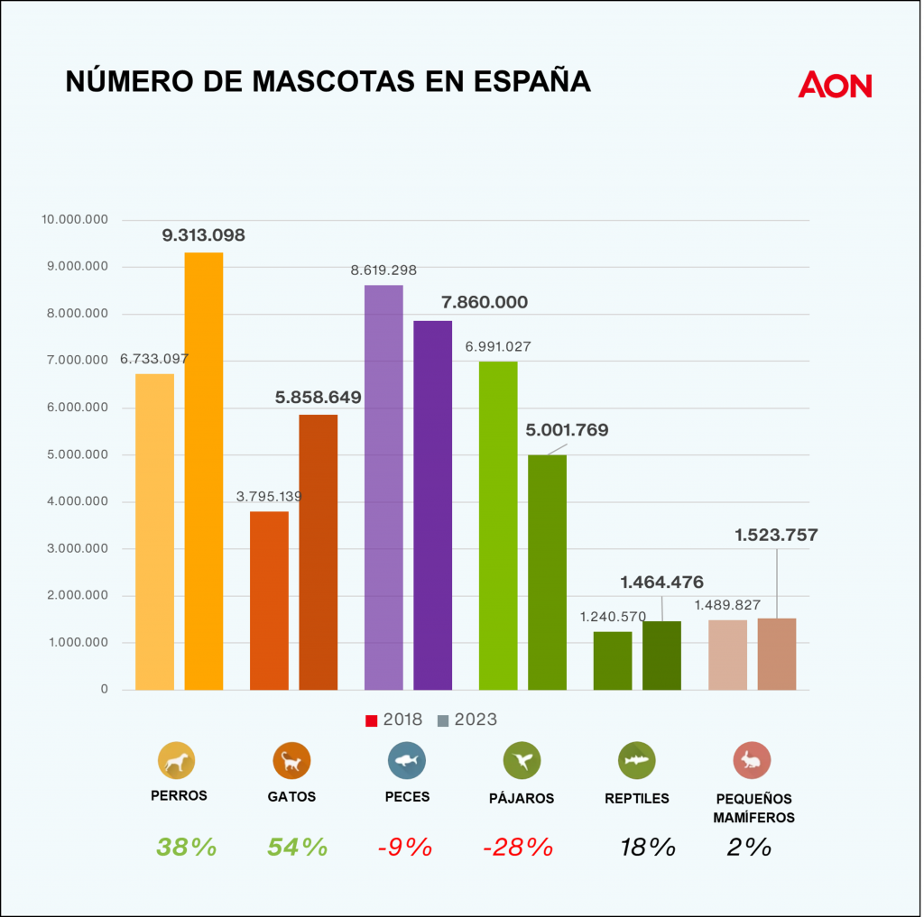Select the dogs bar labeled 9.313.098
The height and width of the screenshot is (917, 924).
204,472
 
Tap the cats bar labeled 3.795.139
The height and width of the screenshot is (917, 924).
269,601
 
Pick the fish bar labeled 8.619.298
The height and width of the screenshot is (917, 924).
383,488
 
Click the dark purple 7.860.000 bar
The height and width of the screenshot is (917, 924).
432,505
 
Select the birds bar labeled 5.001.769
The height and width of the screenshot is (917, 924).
547,573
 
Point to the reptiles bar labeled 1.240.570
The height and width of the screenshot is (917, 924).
613,661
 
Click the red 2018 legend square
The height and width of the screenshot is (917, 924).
371,720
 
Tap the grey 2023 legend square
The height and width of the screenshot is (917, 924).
443,720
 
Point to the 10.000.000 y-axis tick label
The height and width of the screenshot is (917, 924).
75,220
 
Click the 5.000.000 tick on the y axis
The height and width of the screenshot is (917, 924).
78,454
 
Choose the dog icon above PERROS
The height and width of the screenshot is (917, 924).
176,760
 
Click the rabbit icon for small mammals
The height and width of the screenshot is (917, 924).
752,760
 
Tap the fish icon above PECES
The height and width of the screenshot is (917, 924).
407,760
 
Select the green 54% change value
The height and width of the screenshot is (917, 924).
298,847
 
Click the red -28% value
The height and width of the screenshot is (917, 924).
518,847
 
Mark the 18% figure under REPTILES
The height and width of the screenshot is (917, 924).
648,847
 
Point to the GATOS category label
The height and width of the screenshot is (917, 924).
291,797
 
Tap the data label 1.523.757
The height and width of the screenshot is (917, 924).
776,535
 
